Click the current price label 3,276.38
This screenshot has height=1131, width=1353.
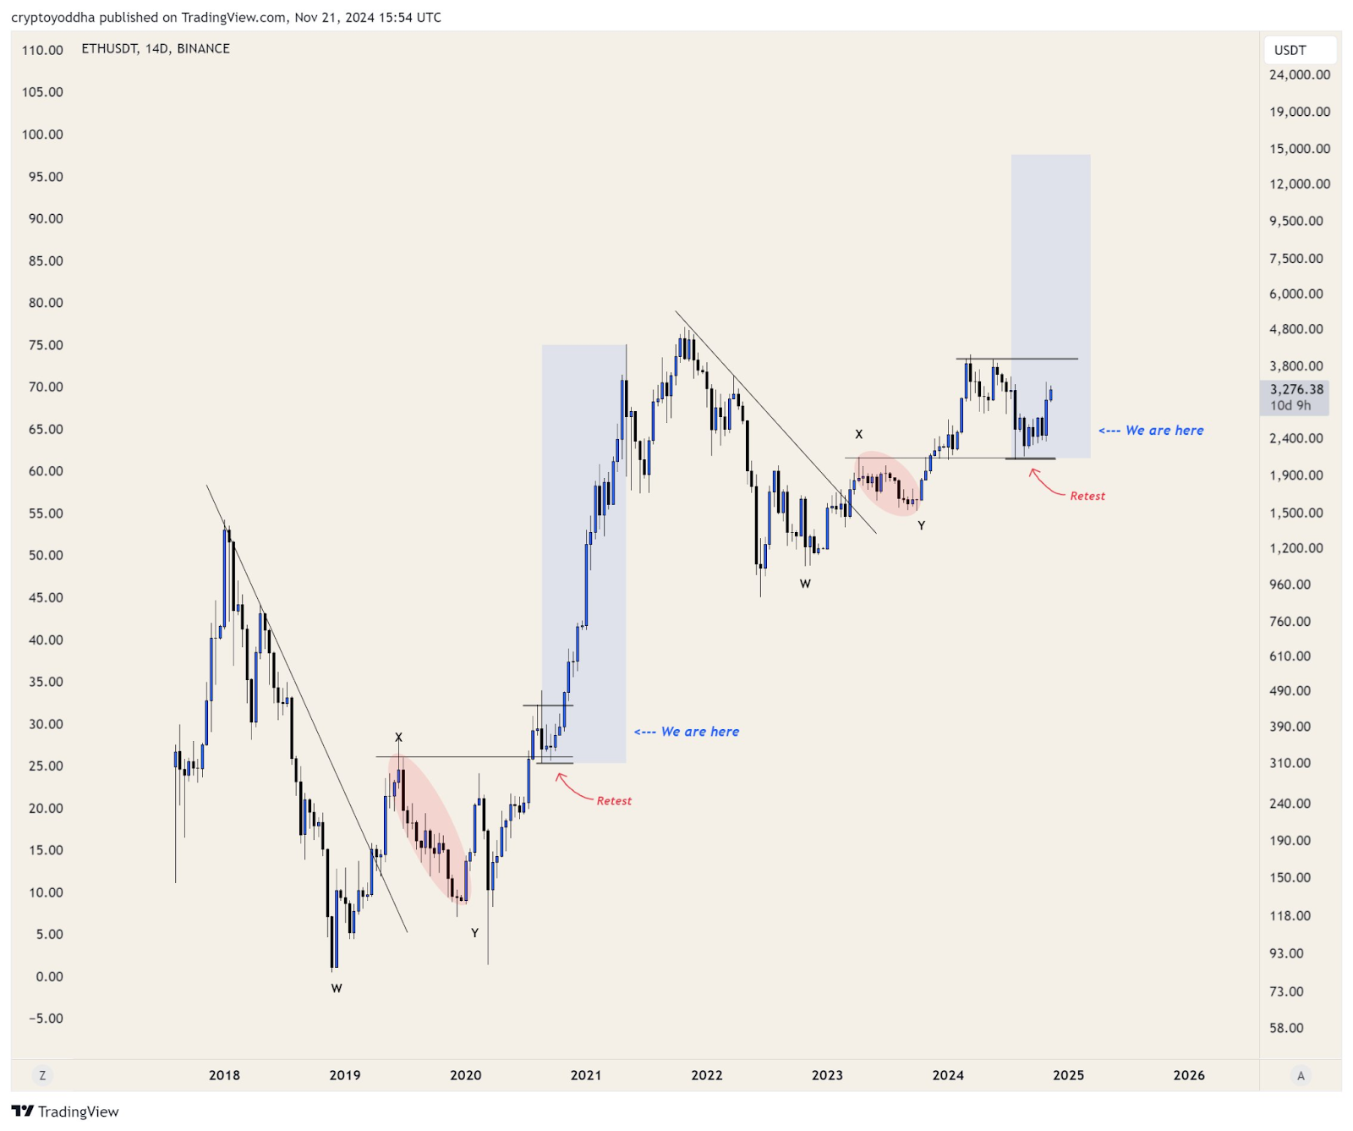pos(1295,389)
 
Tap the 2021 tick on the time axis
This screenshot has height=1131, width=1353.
pos(586,1075)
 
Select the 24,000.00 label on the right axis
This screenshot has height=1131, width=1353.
pos(1299,75)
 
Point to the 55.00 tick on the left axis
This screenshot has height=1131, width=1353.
pos(46,513)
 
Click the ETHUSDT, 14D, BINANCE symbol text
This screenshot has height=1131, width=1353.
pos(156,49)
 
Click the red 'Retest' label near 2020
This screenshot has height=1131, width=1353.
pos(614,801)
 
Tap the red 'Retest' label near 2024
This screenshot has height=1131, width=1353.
pos(1087,497)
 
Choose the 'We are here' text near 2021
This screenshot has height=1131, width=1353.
pos(699,732)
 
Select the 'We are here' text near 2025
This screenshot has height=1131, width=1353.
pos(1164,431)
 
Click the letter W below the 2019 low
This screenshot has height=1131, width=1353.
pos(337,988)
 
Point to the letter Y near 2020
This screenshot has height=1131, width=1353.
pos(474,933)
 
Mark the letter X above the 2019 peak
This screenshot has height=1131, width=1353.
pos(398,738)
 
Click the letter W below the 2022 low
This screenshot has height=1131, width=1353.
pos(805,584)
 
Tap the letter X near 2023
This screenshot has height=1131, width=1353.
pos(858,435)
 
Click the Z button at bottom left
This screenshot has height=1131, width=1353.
pos(42,1075)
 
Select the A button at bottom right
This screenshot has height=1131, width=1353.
pos(1301,1076)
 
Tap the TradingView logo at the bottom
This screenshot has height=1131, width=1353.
pos(65,1112)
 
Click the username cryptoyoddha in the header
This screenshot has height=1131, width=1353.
pos(53,17)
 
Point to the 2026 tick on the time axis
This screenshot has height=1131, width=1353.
pos(1189,1075)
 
